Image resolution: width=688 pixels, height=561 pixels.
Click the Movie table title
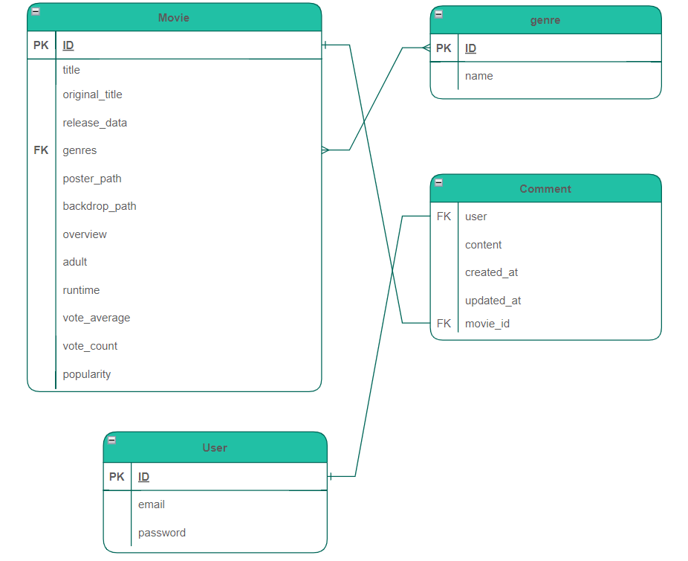173,18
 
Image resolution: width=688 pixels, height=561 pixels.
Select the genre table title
545,20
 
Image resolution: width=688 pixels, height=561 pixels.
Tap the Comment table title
545,189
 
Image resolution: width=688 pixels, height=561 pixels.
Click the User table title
214,448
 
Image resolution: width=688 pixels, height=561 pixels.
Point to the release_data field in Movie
94,123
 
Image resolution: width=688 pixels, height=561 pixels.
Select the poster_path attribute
91,179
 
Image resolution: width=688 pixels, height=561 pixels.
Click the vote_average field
96,318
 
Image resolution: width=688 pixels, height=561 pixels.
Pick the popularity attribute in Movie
86,374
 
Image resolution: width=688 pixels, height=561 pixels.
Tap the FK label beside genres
41,150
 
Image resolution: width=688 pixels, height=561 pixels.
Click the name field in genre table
478,76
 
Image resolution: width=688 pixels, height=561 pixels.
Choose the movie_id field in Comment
487,324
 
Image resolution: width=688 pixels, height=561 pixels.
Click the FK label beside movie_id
444,324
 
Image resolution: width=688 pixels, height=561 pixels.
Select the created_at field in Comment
491,272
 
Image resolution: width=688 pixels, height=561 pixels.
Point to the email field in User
151,504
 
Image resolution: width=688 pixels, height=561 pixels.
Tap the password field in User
161,533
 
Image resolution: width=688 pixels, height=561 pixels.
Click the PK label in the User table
117,477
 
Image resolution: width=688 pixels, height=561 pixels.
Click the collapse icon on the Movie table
36,11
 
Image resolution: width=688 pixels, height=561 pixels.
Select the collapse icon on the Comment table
438,182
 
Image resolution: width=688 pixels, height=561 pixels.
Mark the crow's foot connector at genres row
325,150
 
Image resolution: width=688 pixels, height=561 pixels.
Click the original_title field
92,94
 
